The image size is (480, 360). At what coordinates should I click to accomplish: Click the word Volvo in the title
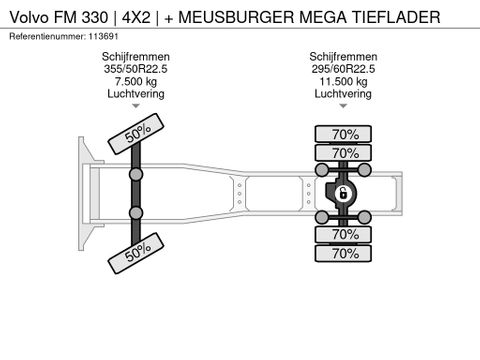coord(30,17)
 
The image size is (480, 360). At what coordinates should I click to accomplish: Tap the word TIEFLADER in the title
coord(396,17)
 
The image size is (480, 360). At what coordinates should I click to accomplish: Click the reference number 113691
coord(103,36)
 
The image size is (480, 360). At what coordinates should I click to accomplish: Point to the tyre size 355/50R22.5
coord(136,69)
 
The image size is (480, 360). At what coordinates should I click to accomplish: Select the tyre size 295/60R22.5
coord(343,69)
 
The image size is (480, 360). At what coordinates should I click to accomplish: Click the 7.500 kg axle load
coord(136,82)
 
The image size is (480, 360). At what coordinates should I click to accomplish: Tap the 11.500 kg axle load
coord(343,82)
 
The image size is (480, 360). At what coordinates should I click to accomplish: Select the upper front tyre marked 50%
coord(136,134)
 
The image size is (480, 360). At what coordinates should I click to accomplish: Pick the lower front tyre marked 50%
coord(136,253)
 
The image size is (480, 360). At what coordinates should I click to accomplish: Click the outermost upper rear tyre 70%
coord(343,134)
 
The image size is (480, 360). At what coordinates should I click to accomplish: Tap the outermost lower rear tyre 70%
coord(343,254)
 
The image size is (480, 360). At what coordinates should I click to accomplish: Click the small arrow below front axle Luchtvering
coord(136,106)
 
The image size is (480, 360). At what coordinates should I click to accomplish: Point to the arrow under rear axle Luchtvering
coord(343,106)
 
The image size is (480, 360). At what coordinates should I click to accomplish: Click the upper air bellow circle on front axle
coord(136,174)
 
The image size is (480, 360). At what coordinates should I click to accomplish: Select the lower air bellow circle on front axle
coord(136,213)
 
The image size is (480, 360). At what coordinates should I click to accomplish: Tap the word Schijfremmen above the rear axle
coord(343,57)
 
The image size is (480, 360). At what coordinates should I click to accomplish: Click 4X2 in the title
coord(136,17)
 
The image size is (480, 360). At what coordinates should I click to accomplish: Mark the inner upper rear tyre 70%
coord(343,153)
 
